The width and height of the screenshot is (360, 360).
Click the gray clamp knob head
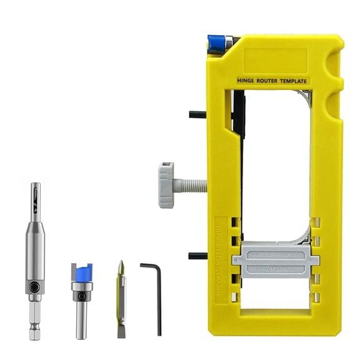[165, 184]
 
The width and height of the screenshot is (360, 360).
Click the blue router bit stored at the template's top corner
[217, 42]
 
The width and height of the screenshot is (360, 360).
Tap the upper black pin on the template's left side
[197, 114]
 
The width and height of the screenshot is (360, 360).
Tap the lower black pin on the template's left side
[197, 256]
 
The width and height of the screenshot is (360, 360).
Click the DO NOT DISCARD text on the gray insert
[275, 269]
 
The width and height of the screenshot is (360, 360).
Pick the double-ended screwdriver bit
[121, 299]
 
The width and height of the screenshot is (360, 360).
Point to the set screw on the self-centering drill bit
[35, 288]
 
